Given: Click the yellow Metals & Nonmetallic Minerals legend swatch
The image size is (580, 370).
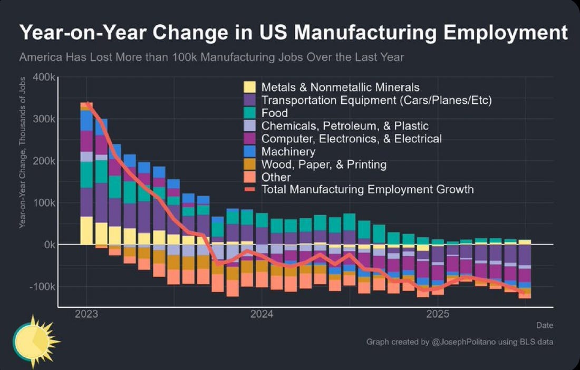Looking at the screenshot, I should tap(249, 87).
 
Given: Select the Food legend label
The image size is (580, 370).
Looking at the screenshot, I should tap(275, 113).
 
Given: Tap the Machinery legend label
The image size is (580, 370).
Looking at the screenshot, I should tap(288, 152).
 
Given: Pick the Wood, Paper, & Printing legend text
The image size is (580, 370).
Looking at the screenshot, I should tap(324, 164).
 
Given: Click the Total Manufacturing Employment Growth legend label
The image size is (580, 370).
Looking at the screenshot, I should tap(368, 189).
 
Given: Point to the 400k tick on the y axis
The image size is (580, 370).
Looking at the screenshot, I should tap(44, 77).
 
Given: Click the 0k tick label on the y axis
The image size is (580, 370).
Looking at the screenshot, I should tap(48, 245).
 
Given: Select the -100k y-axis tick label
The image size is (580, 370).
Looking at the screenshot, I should tap(42, 287).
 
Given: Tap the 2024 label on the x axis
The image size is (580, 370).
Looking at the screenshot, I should tap(262, 315).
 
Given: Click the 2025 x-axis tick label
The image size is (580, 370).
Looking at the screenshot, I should tap(437, 315).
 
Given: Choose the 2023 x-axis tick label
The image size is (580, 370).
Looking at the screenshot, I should tap(86, 315).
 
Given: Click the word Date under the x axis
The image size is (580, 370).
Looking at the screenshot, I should tap(545, 325).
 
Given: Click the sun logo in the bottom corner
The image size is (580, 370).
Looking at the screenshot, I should tap(34, 342).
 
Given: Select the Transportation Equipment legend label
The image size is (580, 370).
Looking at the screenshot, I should tap(376, 100).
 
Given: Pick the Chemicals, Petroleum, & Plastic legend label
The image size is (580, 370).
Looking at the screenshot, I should tap(345, 126).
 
